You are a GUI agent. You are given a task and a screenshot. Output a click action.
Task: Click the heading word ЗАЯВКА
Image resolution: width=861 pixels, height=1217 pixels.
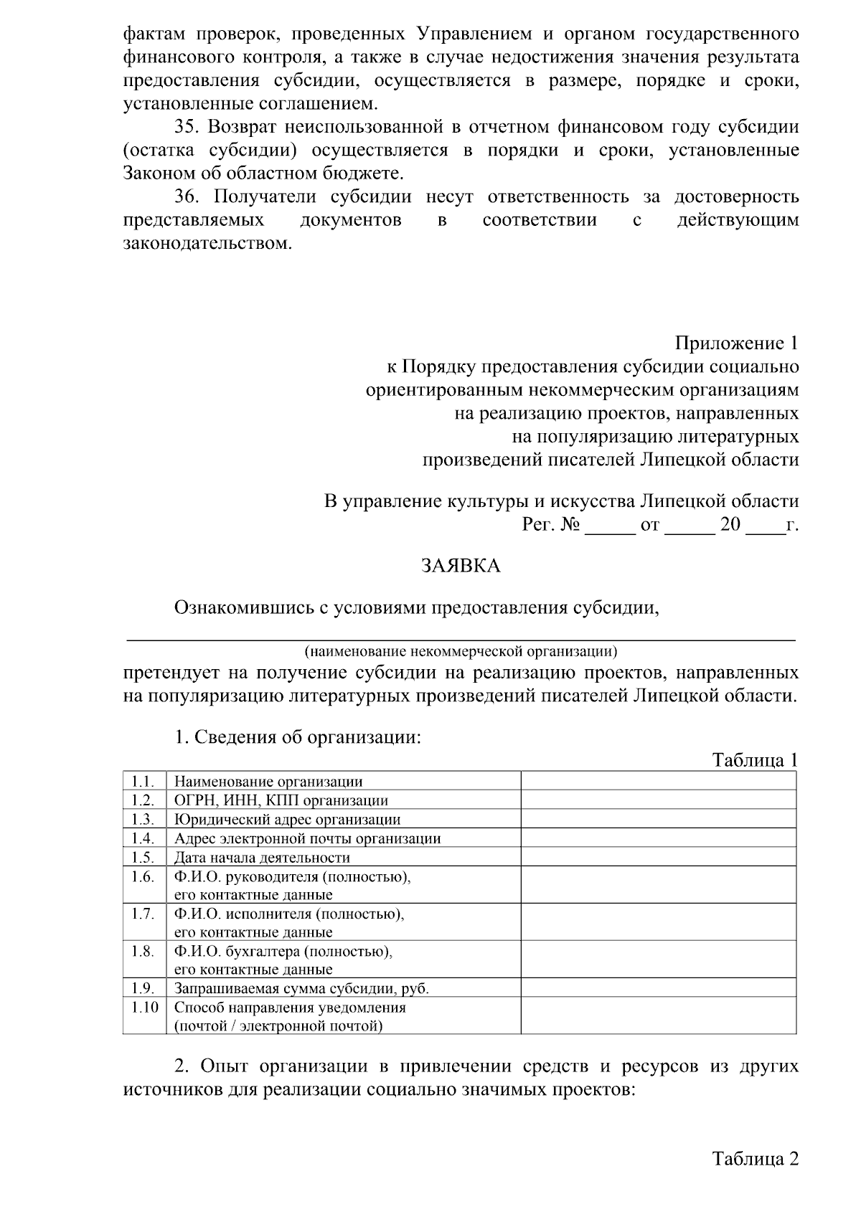click(x=460, y=567)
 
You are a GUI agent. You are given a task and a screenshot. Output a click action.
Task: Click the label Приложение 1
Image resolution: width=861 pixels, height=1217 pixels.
click(x=736, y=344)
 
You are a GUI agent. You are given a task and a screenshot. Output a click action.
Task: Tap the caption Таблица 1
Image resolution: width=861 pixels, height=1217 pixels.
click(x=754, y=760)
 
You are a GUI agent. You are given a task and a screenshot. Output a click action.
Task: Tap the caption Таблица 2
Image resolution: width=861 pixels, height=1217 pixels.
click(x=754, y=1159)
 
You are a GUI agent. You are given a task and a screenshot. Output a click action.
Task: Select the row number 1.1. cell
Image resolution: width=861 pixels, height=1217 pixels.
click(x=143, y=781)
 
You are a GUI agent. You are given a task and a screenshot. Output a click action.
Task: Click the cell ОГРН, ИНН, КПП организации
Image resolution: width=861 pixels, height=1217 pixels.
click(x=281, y=800)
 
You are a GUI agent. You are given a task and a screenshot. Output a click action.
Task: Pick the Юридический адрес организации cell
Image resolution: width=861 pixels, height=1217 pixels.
click(x=287, y=819)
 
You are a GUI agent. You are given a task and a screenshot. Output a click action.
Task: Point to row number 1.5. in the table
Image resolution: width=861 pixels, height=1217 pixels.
click(x=143, y=857)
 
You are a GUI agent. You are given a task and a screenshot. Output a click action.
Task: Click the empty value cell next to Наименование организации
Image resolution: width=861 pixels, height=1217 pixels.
click(x=658, y=781)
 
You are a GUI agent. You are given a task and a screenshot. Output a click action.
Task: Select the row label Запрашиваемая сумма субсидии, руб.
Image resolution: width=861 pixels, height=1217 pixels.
click(x=301, y=988)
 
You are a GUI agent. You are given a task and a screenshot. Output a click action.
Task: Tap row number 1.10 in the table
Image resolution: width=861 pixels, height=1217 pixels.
click(x=144, y=1007)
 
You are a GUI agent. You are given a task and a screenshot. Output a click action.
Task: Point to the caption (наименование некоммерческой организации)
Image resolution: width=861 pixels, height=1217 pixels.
click(x=460, y=652)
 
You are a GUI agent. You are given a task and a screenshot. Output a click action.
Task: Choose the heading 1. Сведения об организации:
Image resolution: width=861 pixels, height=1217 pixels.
click(x=298, y=737)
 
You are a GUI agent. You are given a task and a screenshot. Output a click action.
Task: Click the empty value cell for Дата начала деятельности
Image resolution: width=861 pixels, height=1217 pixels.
click(x=658, y=857)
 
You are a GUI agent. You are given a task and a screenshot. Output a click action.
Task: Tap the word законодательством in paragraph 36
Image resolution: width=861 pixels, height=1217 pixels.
click(x=208, y=243)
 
